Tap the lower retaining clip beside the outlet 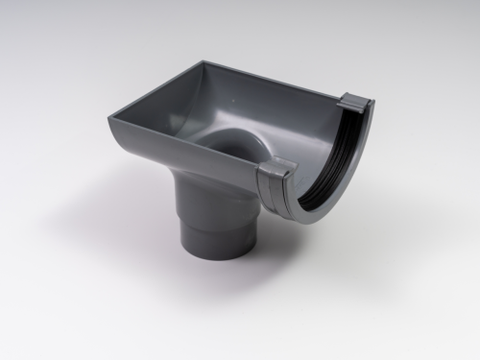point(276,173)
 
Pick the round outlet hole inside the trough point(230,144)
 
